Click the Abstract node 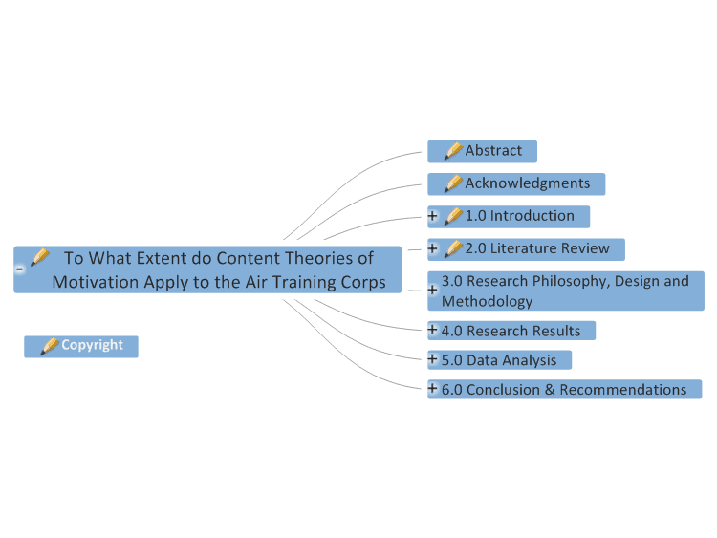482,151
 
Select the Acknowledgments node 516,184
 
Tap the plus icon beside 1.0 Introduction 432,215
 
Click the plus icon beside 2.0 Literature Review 432,248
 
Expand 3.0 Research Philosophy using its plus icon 432,290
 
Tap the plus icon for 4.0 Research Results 432,329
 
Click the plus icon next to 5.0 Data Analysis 432,358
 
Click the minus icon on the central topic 20,269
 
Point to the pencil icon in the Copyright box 50,346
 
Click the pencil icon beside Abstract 453,151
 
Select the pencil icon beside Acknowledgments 453,183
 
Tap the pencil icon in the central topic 40,257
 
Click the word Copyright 93,345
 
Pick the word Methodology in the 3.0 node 487,301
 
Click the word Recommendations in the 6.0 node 622,390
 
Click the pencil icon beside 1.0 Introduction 453,216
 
